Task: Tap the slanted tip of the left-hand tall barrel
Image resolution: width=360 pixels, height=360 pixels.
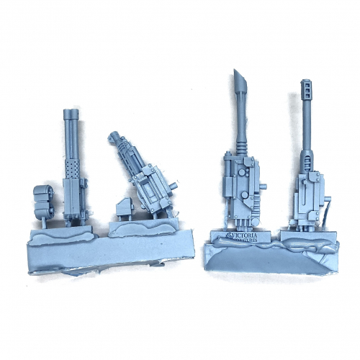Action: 240,84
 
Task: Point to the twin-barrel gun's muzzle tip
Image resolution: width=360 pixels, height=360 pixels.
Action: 69,113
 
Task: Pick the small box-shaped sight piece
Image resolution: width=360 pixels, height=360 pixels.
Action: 122,210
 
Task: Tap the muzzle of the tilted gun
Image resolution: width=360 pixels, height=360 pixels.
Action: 114,136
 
